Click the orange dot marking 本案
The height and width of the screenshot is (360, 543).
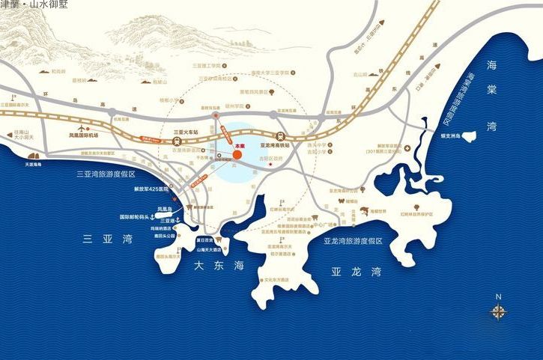(x=237, y=155)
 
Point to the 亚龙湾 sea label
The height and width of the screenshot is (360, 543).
(x=356, y=271)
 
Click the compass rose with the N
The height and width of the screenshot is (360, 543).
(x=499, y=311)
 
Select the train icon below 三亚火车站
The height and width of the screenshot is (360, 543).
(x=175, y=140)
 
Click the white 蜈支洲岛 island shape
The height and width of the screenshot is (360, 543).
(x=470, y=137)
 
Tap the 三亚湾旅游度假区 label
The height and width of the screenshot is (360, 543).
(x=106, y=174)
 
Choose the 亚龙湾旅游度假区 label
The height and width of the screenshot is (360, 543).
(x=353, y=241)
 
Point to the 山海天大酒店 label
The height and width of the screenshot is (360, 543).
(x=210, y=249)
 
